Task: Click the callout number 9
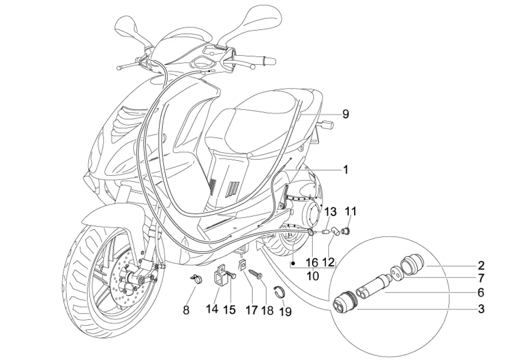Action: click(x=346, y=114)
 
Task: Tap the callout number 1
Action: click(x=346, y=170)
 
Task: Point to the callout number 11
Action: click(x=351, y=212)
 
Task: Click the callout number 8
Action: click(x=186, y=310)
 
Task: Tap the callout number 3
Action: click(x=481, y=308)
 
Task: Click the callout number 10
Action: click(x=313, y=276)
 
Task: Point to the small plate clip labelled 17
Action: click(x=241, y=265)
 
